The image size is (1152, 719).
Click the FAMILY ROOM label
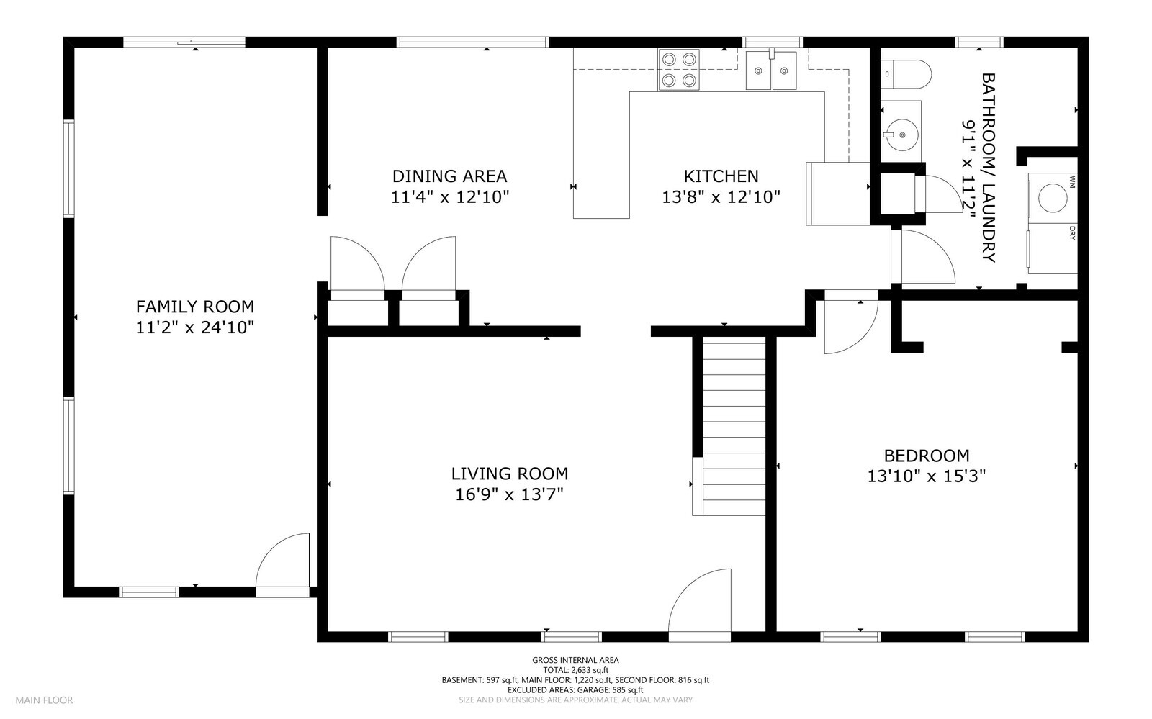point(195,307)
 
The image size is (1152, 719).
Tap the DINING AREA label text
point(449,176)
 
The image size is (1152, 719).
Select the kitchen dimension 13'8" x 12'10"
point(721,196)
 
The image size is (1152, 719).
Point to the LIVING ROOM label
point(510,474)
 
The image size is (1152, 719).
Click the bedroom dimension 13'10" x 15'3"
point(926,476)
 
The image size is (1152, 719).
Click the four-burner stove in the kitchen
point(679,70)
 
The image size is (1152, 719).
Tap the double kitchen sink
point(771,71)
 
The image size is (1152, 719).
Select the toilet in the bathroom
point(906,74)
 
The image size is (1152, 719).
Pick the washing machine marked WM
point(1052,198)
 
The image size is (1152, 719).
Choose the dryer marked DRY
point(1052,248)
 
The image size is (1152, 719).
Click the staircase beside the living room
point(729,426)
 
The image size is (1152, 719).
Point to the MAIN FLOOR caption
point(44,700)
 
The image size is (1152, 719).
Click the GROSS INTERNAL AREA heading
point(575,660)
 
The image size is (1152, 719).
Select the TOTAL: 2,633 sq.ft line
point(575,669)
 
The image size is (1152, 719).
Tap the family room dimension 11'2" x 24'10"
point(195,327)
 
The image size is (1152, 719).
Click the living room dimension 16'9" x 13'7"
point(510,494)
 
